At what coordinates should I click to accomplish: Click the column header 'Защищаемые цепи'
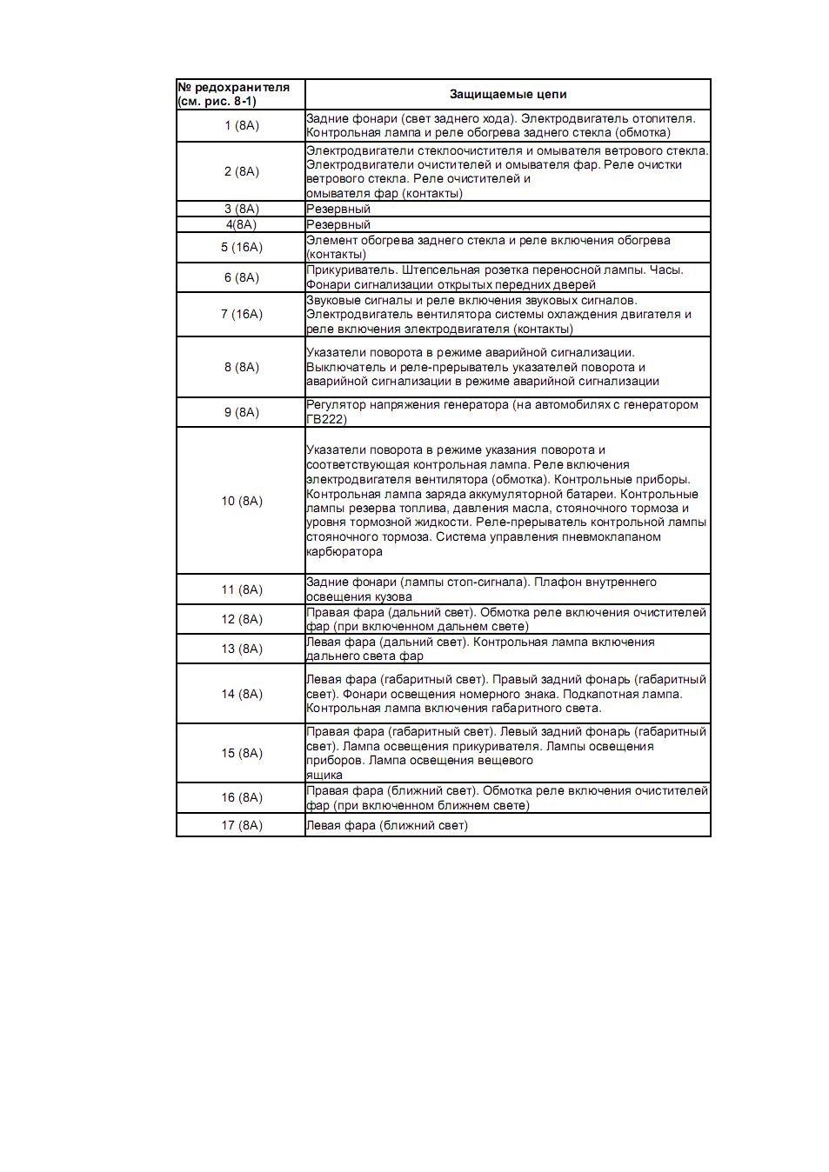[x=507, y=94]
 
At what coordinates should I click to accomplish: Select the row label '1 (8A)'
[x=241, y=125]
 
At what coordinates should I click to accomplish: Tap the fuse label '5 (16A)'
[x=241, y=247]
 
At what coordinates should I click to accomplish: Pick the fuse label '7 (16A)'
[x=241, y=314]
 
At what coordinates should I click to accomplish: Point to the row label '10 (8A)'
[x=241, y=501]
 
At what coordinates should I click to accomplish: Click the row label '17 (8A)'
[x=241, y=825]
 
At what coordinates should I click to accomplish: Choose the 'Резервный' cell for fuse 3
[x=338, y=209]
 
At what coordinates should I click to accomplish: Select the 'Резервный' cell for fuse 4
[x=338, y=224]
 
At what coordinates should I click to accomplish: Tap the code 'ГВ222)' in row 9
[x=326, y=419]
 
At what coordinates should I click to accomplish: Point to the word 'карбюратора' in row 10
[x=344, y=551]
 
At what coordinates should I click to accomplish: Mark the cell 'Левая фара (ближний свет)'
[x=386, y=825]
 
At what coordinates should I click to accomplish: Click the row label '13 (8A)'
[x=241, y=649]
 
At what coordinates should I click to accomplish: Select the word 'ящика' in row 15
[x=324, y=775]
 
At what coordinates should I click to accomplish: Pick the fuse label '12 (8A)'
[x=241, y=619]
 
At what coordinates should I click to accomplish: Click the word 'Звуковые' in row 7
[x=333, y=300]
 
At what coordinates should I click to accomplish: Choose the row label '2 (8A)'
[x=241, y=171]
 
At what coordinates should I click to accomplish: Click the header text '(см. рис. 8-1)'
[x=217, y=101]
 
